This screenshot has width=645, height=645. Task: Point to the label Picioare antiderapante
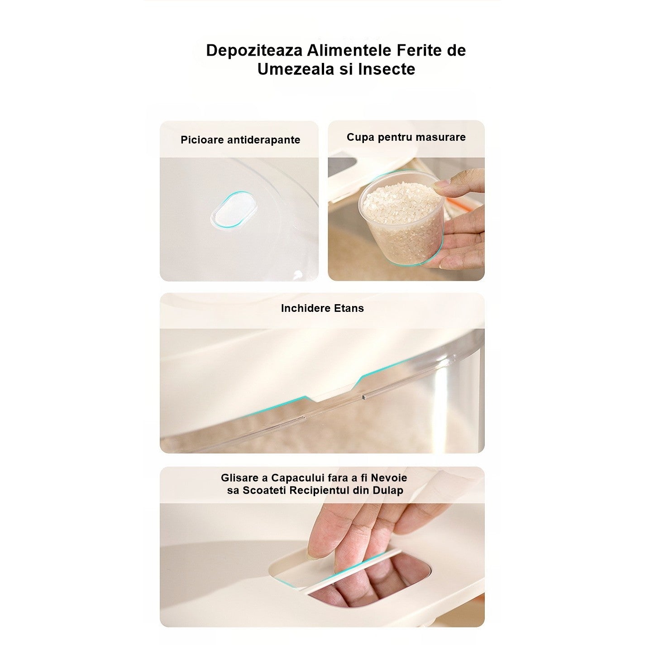click(240, 140)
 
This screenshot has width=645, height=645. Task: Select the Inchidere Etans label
click(322, 308)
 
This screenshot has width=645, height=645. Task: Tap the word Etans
click(349, 308)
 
